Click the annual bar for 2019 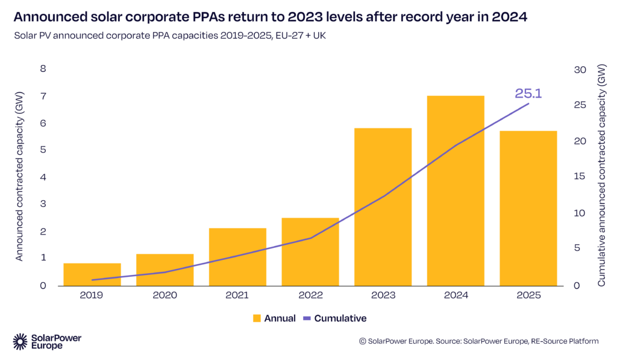point(92,274)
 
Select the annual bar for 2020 point(164,270)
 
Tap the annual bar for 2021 point(237,256)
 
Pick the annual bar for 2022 point(310,251)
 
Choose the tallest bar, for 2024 point(456,190)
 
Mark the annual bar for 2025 point(528,208)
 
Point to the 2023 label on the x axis point(383,295)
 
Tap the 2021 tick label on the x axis point(237,295)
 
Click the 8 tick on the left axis point(43,69)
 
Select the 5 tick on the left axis point(43,150)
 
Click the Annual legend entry point(275,318)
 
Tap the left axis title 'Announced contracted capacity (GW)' point(19,177)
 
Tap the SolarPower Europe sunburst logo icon point(20,341)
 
